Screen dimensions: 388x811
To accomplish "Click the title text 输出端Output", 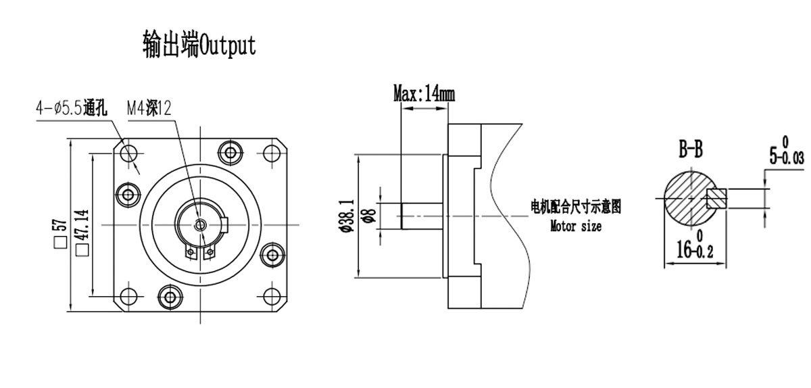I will click(x=199, y=45).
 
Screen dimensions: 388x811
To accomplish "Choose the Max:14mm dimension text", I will click(x=424, y=93).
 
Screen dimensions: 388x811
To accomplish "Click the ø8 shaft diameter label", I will click(x=369, y=216).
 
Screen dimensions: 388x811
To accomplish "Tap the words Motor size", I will click(x=575, y=226).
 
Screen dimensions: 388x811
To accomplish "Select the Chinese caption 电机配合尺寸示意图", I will click(x=575, y=207).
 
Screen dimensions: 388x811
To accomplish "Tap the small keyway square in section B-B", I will click(x=716, y=198).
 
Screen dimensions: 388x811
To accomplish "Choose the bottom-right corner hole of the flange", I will click(x=273, y=296).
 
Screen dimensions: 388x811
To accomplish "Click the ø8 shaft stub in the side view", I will click(x=420, y=216).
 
